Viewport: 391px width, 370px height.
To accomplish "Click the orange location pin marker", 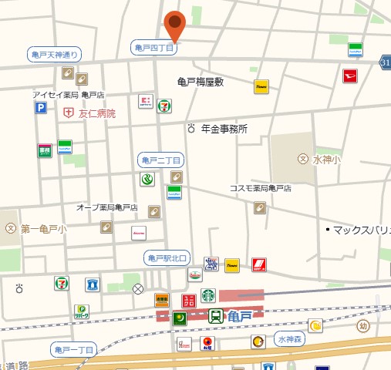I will tap(176, 25).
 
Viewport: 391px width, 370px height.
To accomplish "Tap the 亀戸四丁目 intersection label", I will tap(155, 48).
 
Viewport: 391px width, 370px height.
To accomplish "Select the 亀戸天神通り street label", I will tap(53, 55).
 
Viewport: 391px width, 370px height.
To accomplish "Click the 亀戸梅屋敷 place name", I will tap(200, 82).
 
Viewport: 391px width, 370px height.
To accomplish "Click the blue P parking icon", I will tap(40, 109).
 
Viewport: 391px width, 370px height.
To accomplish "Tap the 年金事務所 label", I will tap(224, 129).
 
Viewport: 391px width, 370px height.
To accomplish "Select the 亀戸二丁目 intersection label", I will tap(161, 160).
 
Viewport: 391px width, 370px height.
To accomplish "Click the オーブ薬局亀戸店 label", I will tap(106, 207).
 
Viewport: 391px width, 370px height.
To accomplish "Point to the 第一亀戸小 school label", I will tap(43, 229).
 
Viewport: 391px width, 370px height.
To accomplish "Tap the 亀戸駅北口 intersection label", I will tap(167, 257).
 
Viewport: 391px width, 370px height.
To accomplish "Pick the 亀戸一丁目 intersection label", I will tap(74, 350).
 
